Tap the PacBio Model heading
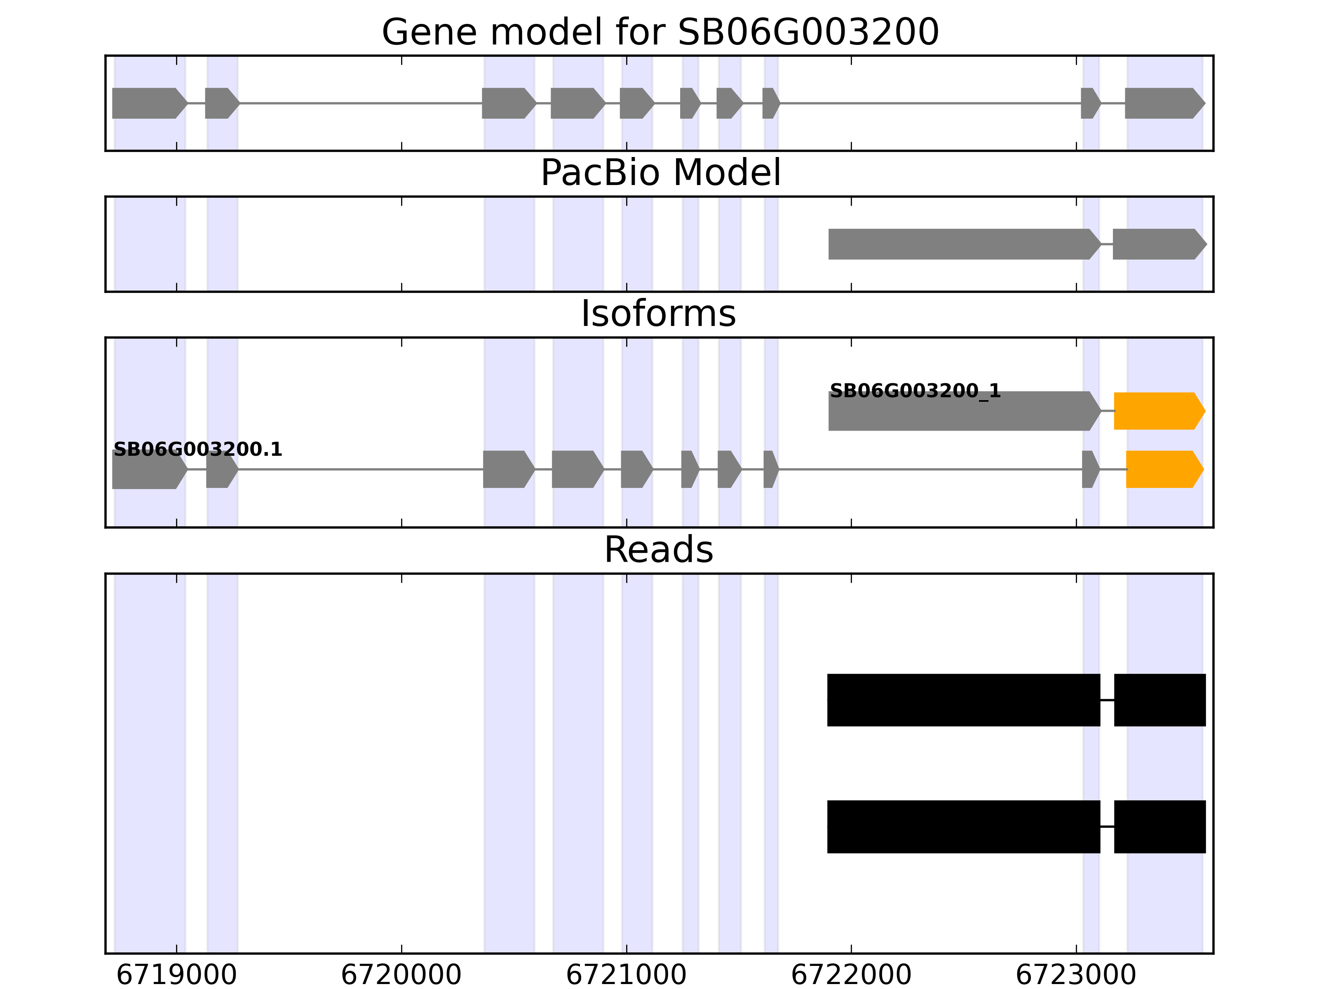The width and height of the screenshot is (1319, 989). (660, 173)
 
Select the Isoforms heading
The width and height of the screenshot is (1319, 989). (658, 314)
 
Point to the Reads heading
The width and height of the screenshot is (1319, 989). (658, 550)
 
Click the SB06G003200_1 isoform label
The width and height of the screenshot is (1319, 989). (915, 391)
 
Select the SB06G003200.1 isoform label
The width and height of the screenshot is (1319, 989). (197, 450)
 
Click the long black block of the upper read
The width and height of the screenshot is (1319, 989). (963, 700)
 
